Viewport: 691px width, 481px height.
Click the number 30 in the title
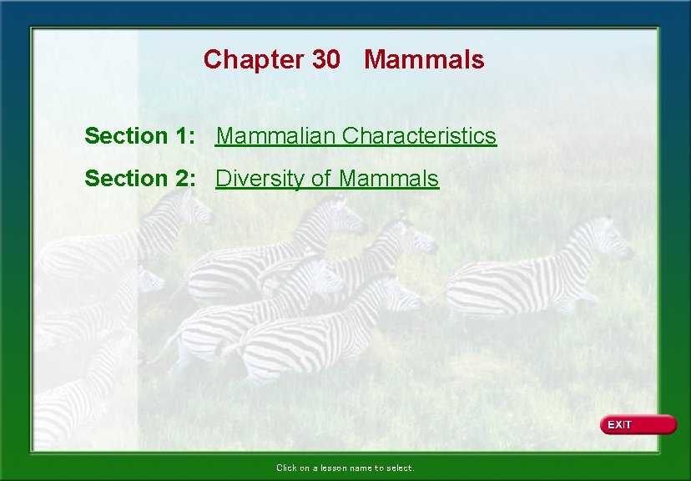pyautogui.click(x=326, y=59)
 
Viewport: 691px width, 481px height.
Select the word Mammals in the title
pyautogui.click(x=424, y=59)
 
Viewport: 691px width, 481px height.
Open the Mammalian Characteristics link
pyautogui.click(x=356, y=135)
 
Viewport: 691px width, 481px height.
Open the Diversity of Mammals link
pyautogui.click(x=327, y=178)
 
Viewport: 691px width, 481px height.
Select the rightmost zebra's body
pyautogui.click(x=517, y=284)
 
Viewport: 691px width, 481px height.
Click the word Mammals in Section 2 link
pyautogui.click(x=390, y=178)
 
